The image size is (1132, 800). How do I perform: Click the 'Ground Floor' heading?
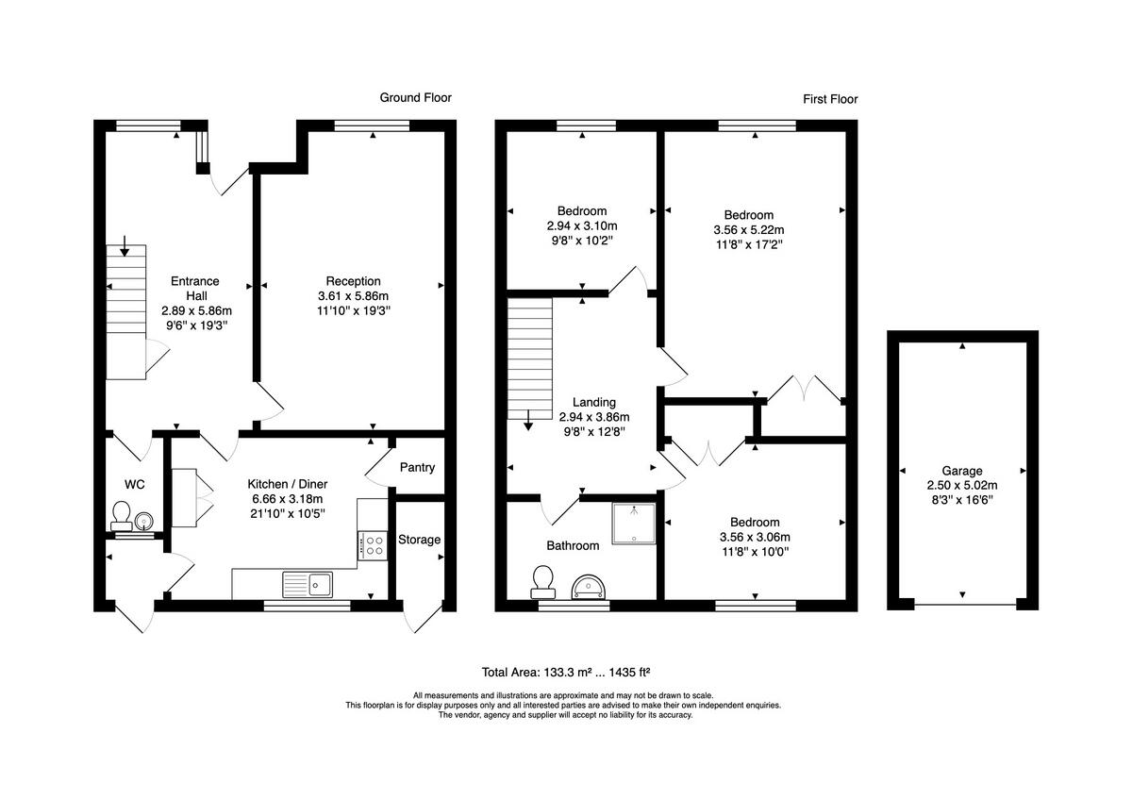pyautogui.click(x=415, y=97)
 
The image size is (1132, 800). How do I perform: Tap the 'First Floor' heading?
pyautogui.click(x=830, y=99)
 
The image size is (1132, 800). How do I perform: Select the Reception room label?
pyautogui.click(x=353, y=281)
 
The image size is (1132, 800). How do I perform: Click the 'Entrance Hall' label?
pyautogui.click(x=195, y=288)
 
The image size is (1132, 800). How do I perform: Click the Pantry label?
pyautogui.click(x=417, y=468)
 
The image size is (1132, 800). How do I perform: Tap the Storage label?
pyautogui.click(x=419, y=540)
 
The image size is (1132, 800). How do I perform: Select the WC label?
pyautogui.click(x=135, y=485)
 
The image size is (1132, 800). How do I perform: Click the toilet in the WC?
pyautogui.click(x=121, y=516)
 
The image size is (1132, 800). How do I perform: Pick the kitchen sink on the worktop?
pyautogui.click(x=308, y=584)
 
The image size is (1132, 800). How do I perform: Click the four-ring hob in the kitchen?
pyautogui.click(x=374, y=544)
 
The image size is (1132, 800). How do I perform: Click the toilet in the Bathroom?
pyautogui.click(x=542, y=581)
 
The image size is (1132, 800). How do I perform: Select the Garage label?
pyautogui.click(x=961, y=471)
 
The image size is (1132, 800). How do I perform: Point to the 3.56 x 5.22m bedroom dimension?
pyautogui.click(x=749, y=229)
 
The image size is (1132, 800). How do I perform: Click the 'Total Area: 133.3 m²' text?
pyautogui.click(x=538, y=673)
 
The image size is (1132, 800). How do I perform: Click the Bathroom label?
pyautogui.click(x=573, y=545)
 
